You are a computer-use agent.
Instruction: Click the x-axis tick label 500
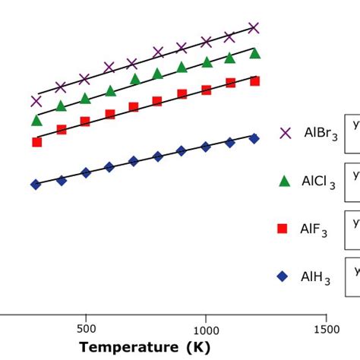click(x=86, y=330)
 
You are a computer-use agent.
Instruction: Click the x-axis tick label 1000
click(x=206, y=330)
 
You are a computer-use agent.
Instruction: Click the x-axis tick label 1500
click(x=326, y=330)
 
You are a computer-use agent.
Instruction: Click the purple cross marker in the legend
click(x=286, y=133)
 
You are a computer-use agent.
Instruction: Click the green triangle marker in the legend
click(x=285, y=181)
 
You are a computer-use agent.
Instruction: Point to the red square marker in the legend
click(x=282, y=229)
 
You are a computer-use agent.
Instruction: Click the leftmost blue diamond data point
click(x=36, y=185)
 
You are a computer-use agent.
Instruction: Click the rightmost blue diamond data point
click(x=254, y=138)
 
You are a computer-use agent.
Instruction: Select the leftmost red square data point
click(x=36, y=142)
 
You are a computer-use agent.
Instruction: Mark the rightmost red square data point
click(x=255, y=81)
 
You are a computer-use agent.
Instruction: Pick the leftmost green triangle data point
click(x=36, y=120)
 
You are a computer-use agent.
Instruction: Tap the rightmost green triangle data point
click(x=255, y=53)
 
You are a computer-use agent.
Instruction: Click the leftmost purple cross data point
click(x=36, y=100)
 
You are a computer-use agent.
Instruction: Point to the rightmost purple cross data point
click(x=254, y=28)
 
